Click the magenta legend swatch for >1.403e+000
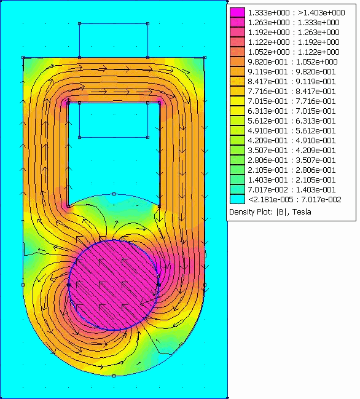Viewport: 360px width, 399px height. (x=238, y=12)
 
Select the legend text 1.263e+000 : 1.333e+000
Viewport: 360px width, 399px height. (x=294, y=23)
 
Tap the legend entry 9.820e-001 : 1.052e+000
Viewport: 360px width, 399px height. (x=292, y=62)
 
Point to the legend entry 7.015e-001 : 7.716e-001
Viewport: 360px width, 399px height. (x=292, y=101)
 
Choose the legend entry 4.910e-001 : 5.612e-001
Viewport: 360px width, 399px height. (x=292, y=131)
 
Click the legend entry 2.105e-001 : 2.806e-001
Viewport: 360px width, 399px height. (x=292, y=170)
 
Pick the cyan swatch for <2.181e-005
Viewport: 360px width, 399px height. (x=238, y=199)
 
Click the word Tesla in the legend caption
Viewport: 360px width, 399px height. (x=302, y=212)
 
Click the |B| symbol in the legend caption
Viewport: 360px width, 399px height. (x=281, y=212)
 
